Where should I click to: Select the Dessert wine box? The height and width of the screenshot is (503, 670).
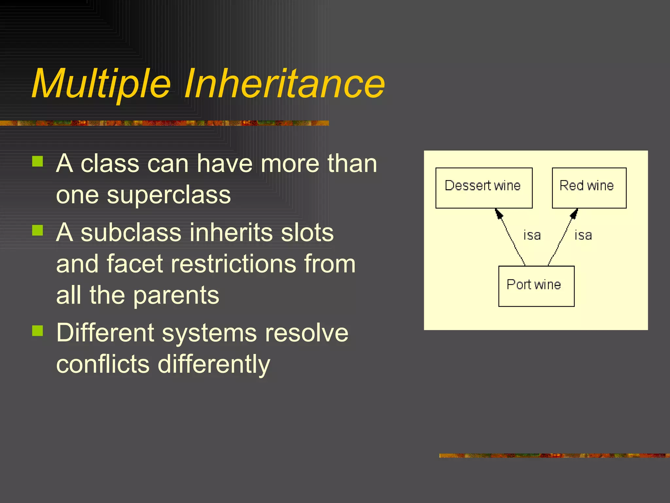pyautogui.click(x=484, y=188)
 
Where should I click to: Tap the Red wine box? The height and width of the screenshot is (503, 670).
pyautogui.click(x=589, y=188)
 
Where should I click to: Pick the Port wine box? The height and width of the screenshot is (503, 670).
pyautogui.click(x=536, y=286)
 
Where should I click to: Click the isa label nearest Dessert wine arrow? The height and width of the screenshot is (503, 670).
pyautogui.click(x=532, y=235)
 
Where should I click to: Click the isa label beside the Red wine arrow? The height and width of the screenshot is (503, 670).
pyautogui.click(x=583, y=235)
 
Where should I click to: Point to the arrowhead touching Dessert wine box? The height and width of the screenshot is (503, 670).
pyautogui.click(x=499, y=214)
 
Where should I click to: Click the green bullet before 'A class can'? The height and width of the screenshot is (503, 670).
pyautogui.click(x=38, y=161)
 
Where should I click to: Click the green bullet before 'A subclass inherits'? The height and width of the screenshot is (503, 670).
pyautogui.click(x=38, y=230)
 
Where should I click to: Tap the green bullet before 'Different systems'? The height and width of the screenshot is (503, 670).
pyautogui.click(x=38, y=331)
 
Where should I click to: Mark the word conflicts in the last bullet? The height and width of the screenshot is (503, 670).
pyautogui.click(x=103, y=364)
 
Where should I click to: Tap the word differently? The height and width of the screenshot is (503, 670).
pyautogui.click(x=214, y=364)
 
